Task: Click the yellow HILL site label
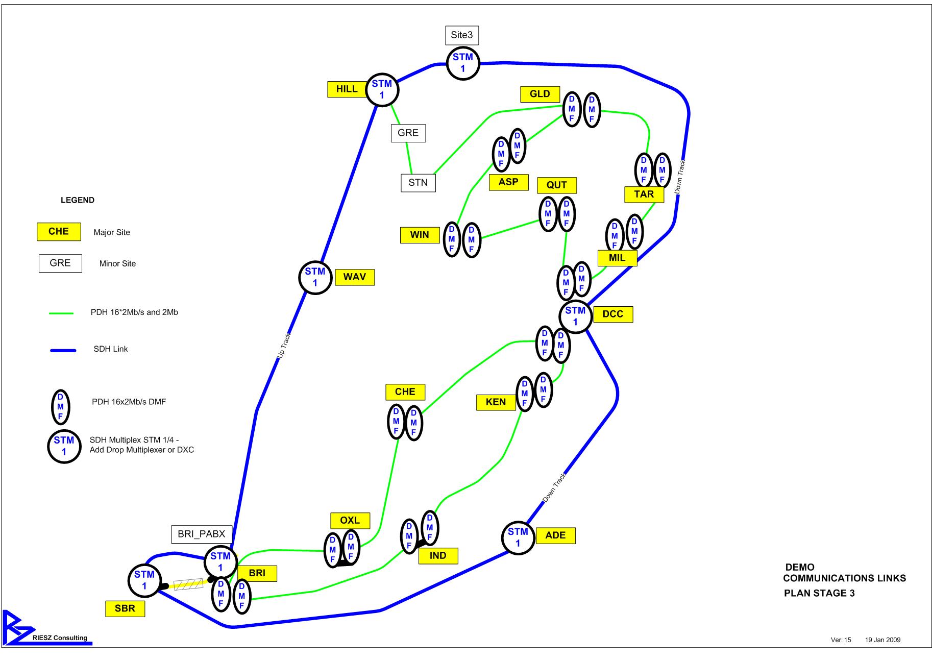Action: (x=347, y=89)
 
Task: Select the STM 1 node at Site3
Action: (x=463, y=63)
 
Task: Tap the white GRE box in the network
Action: (x=408, y=133)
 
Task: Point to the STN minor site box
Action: (x=418, y=183)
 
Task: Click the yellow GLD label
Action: (x=539, y=94)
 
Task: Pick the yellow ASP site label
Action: (x=508, y=182)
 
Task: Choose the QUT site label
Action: (x=556, y=185)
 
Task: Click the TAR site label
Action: (x=644, y=194)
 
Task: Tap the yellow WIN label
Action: (x=420, y=235)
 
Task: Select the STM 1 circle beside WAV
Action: (x=315, y=277)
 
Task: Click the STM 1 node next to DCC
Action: (x=575, y=316)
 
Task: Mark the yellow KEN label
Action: (x=496, y=402)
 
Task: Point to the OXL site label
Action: (x=350, y=521)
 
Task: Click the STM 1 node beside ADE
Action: (x=518, y=537)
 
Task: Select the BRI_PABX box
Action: (x=201, y=534)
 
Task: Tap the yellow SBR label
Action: (x=125, y=609)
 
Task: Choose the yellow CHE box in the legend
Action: (x=59, y=232)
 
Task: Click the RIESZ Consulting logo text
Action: (x=60, y=638)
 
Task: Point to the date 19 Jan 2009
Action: (x=882, y=640)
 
